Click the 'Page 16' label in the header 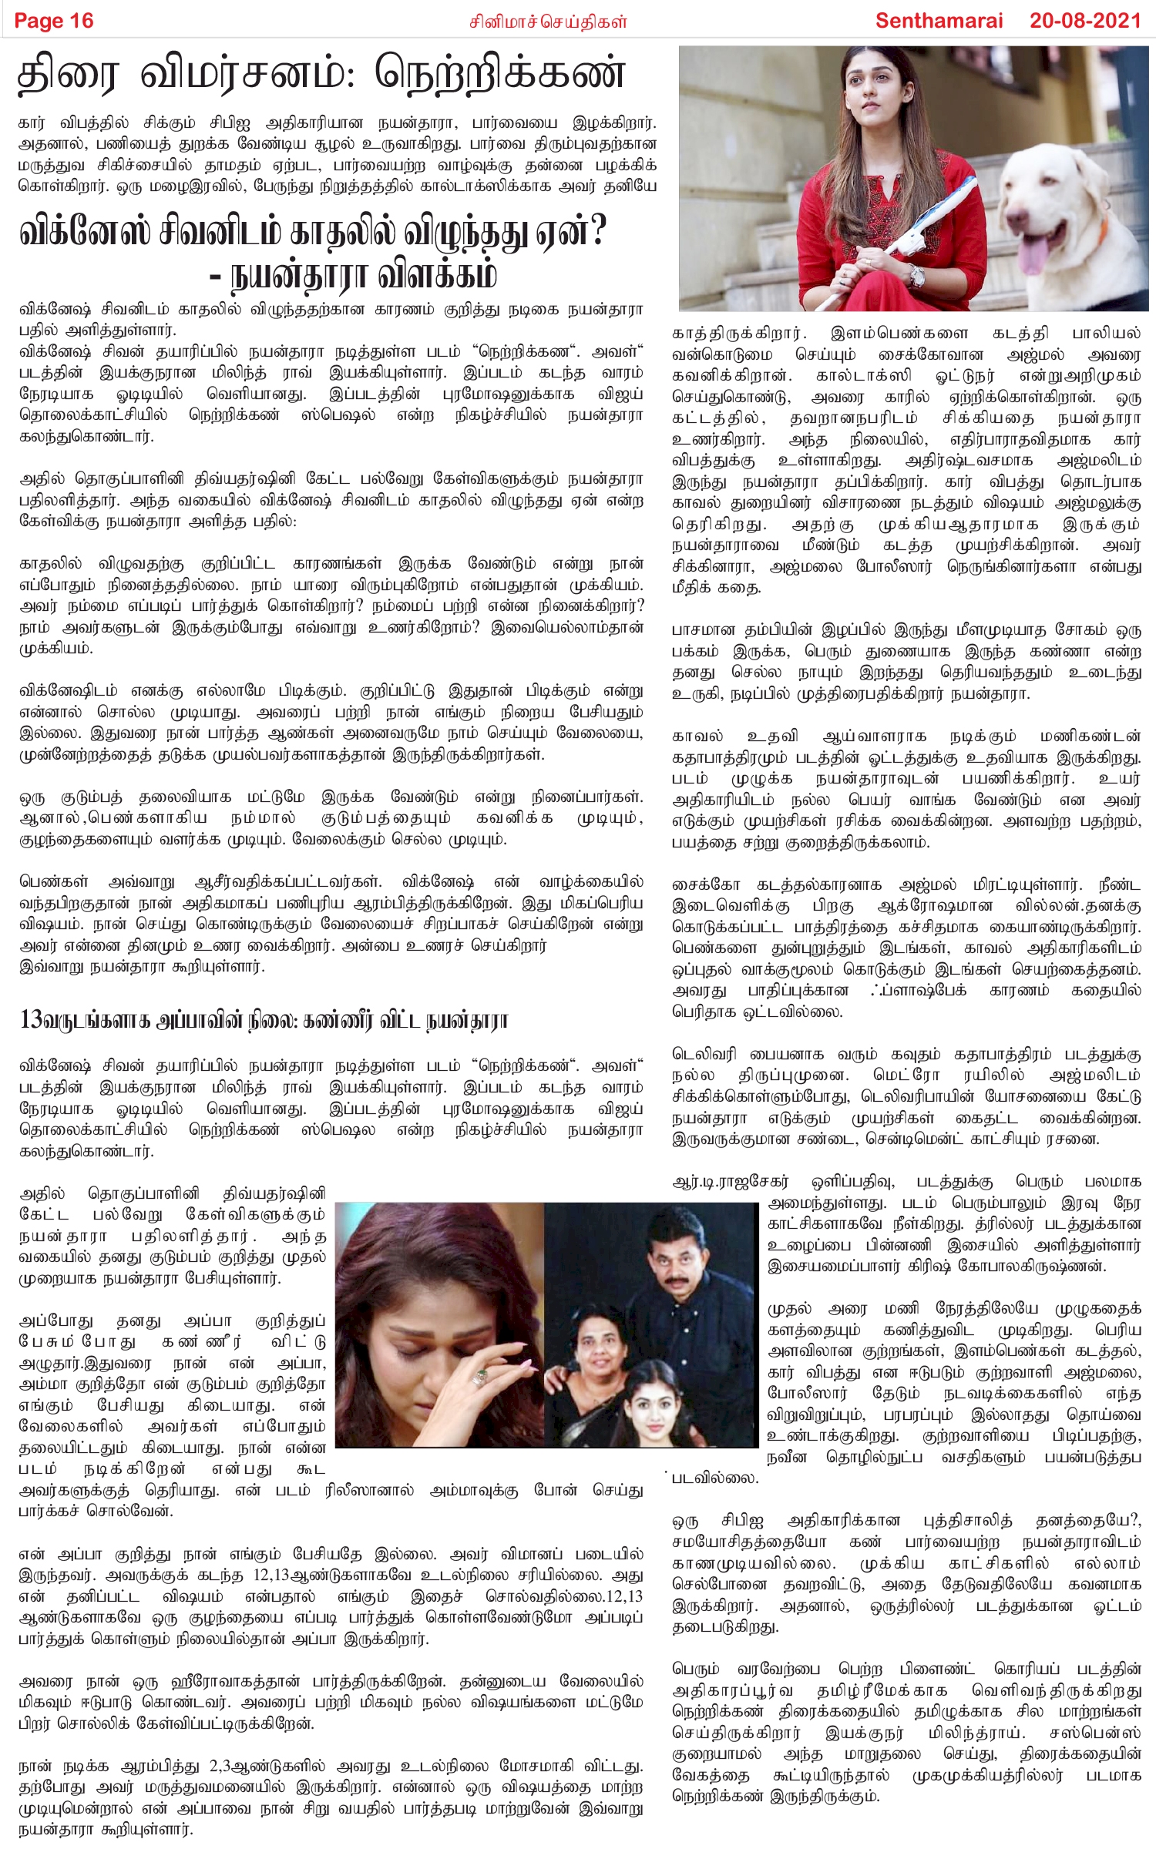tap(54, 21)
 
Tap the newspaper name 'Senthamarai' tap(939, 21)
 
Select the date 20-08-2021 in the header tap(1084, 21)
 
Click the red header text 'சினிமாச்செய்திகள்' tap(549, 22)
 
